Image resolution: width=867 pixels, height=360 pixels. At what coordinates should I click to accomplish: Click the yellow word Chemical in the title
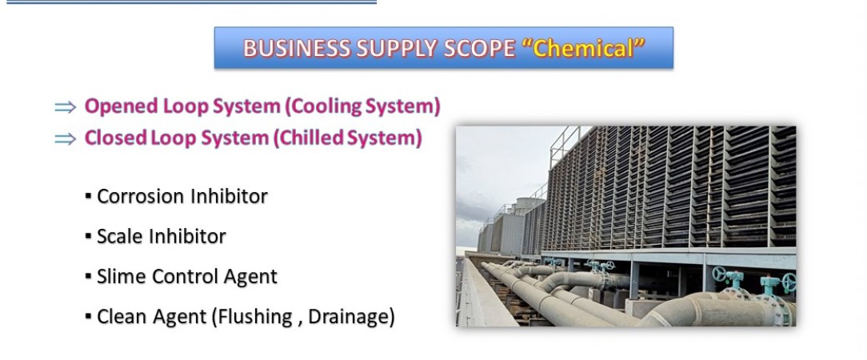(583, 49)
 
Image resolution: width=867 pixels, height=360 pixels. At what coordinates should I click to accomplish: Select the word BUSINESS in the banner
(297, 49)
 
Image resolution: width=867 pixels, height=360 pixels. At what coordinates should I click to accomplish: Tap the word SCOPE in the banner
(480, 49)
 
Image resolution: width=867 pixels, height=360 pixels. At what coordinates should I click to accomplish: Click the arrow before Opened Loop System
(66, 107)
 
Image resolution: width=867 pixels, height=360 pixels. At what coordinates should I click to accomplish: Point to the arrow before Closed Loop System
(66, 139)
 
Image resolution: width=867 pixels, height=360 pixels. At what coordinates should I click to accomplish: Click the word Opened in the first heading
(121, 106)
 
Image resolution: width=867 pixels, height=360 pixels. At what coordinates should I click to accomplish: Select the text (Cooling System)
(362, 106)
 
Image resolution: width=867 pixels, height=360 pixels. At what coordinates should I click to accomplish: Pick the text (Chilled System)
(347, 138)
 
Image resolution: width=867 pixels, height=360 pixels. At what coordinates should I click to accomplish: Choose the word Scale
(118, 237)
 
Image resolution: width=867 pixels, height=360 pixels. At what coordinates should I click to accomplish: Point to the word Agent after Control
(250, 278)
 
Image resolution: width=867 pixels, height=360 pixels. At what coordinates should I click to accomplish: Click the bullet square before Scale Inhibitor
(88, 237)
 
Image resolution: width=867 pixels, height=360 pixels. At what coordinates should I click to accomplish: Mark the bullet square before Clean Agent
(88, 317)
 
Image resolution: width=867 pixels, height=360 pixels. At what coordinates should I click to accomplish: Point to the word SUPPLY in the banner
(397, 49)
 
